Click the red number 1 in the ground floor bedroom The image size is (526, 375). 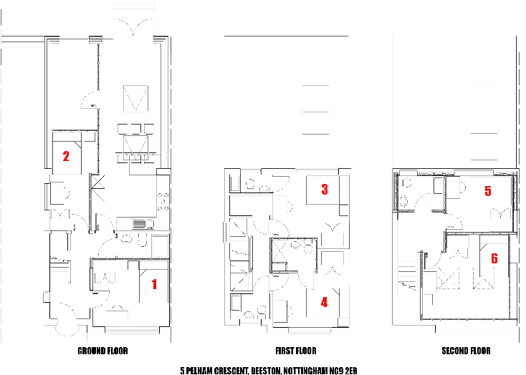click(x=153, y=284)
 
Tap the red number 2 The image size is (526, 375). click(x=66, y=155)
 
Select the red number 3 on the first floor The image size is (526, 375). click(x=325, y=190)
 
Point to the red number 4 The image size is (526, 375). click(x=324, y=302)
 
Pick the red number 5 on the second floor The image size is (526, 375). click(x=488, y=191)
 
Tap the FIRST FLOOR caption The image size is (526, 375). click(x=295, y=351)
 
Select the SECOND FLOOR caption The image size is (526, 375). click(x=466, y=351)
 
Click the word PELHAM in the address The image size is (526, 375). click(x=201, y=371)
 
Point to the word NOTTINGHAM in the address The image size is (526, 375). click(x=305, y=371)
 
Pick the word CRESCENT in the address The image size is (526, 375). click(x=231, y=371)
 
